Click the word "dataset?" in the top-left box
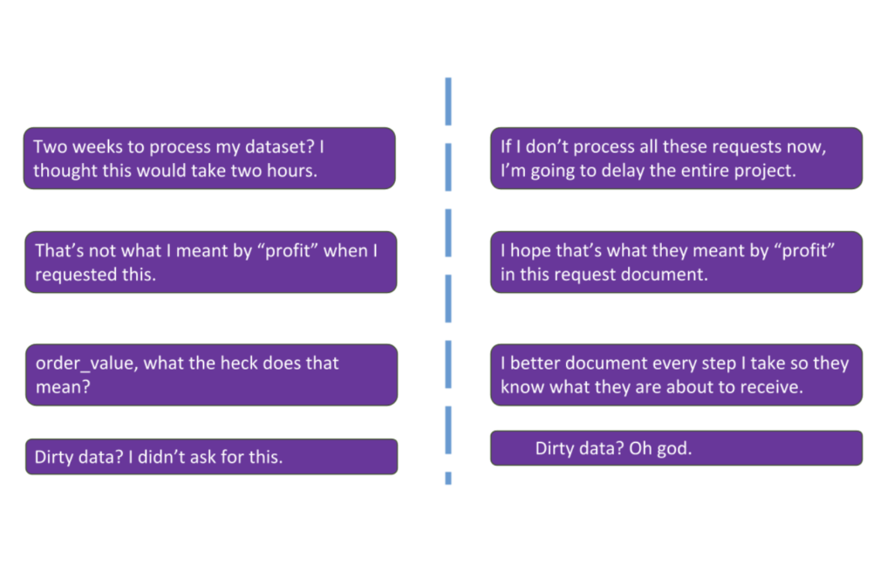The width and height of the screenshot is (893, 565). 280,147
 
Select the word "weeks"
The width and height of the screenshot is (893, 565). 98,147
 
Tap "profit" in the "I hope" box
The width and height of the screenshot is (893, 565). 804,251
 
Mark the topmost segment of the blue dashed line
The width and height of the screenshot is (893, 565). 448,101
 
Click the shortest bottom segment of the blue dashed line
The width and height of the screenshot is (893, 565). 448,479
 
